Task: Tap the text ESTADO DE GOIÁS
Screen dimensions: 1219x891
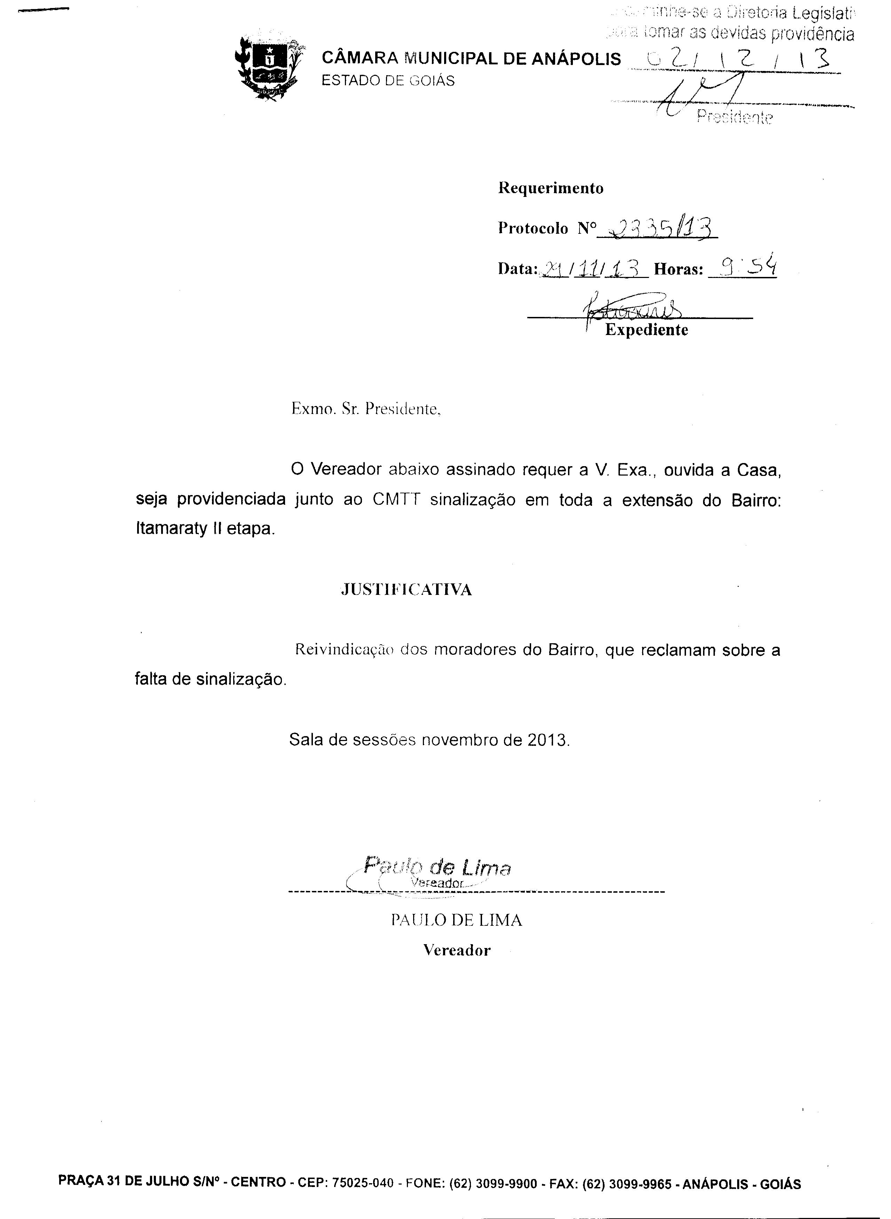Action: (388, 81)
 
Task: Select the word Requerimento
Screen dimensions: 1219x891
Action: (550, 188)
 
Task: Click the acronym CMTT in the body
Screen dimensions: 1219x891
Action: (396, 500)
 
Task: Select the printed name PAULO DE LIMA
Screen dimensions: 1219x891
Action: (456, 920)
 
